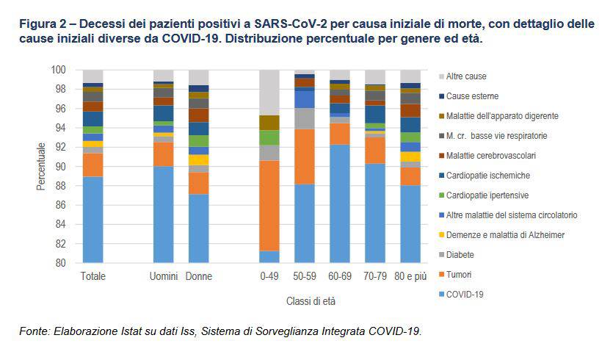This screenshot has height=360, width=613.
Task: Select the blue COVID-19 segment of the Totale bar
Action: tap(93, 219)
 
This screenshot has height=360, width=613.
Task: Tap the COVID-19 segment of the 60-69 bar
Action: tap(340, 204)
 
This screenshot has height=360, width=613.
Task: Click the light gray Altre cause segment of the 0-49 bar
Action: tap(269, 93)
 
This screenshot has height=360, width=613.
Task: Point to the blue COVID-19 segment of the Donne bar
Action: tap(198, 228)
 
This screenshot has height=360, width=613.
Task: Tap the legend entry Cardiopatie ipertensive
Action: tap(486, 195)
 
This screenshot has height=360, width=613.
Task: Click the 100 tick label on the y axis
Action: tap(59, 70)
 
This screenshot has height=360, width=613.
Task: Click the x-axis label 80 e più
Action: tap(411, 276)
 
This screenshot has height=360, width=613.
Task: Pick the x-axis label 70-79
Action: tap(375, 276)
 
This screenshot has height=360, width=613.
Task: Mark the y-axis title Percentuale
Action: tap(41, 167)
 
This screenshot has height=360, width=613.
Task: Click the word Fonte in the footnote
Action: tap(33, 332)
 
